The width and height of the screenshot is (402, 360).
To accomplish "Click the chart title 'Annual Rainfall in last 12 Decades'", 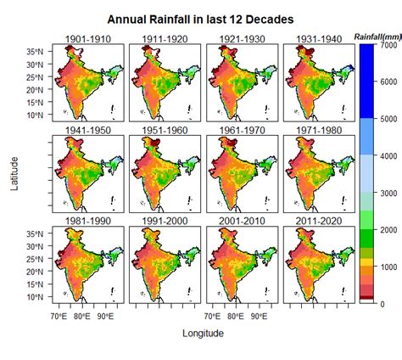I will point(201,19).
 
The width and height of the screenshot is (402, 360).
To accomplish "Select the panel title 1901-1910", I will point(87,38).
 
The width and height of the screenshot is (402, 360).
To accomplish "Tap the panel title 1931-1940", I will point(320,38).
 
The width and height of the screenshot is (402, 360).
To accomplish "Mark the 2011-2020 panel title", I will point(320,222).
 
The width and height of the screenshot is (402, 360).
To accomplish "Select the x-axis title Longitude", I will point(203,334).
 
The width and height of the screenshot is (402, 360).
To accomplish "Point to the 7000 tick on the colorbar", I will point(387,44).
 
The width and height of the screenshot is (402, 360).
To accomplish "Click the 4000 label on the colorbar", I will point(387,155).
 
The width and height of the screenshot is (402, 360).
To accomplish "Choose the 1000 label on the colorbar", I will point(387,267).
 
